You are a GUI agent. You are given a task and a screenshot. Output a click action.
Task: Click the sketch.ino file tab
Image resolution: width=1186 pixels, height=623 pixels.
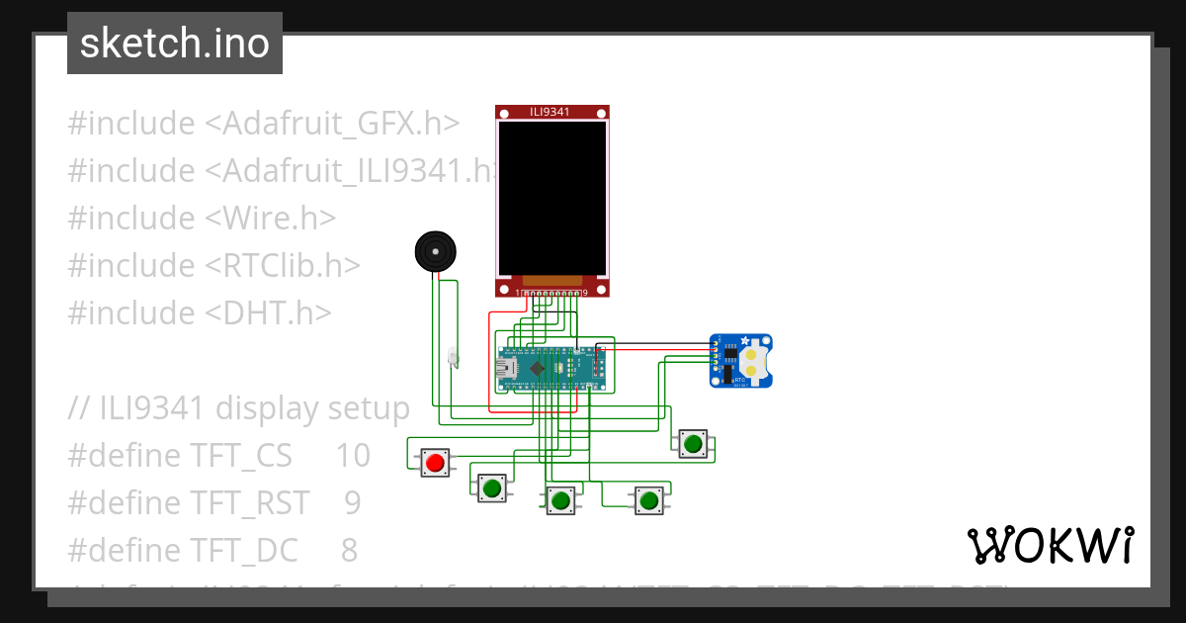tap(175, 44)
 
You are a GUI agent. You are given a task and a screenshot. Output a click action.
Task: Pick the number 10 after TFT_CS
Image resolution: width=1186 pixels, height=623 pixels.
tap(352, 455)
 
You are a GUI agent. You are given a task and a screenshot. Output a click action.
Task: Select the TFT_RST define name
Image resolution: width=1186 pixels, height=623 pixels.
tap(247, 502)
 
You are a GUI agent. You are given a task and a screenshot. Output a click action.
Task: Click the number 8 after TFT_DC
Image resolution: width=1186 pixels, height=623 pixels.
tap(348, 550)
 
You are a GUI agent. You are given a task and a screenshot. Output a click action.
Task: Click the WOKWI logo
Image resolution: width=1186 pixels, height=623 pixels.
tap(1050, 545)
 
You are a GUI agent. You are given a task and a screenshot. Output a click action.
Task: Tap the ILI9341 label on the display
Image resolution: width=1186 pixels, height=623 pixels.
tap(551, 112)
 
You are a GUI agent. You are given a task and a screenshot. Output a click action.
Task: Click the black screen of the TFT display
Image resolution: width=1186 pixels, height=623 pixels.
tap(551, 198)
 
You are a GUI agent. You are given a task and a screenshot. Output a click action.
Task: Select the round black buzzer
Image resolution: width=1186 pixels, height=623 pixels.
tap(436, 251)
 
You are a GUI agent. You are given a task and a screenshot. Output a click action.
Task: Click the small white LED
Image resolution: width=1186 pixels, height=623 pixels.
tap(453, 356)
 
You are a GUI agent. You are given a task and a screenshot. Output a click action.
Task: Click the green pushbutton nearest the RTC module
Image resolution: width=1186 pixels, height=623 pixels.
tap(692, 444)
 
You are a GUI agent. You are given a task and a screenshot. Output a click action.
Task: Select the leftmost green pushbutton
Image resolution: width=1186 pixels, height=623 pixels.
tap(491, 487)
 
